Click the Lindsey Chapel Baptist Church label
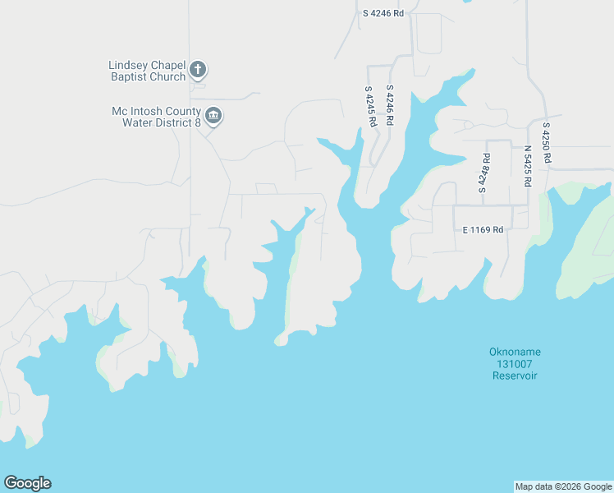(x=147, y=71)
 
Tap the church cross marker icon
(x=198, y=70)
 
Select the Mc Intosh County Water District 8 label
(x=157, y=117)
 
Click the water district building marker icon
(x=213, y=115)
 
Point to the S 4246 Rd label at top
(x=384, y=13)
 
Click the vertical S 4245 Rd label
(x=370, y=106)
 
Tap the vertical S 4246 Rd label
(x=390, y=105)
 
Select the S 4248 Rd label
(x=483, y=173)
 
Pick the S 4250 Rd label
(x=546, y=142)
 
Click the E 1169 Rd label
(x=483, y=230)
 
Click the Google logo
(x=27, y=483)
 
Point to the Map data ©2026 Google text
(x=563, y=486)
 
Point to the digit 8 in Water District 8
(x=198, y=122)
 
